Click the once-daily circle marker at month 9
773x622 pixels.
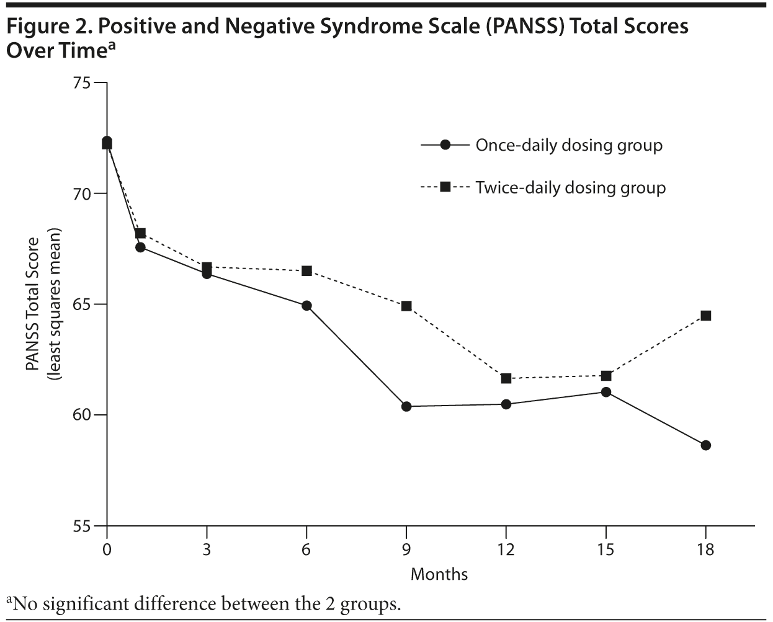406,407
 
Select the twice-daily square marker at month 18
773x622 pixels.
705,316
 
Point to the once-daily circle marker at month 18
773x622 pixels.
705,445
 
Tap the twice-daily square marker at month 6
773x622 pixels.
306,271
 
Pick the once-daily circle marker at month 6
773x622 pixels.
306,306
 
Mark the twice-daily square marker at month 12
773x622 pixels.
506,378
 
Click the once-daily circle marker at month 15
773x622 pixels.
606,392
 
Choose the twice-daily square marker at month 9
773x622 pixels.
406,306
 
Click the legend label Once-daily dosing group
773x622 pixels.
569,145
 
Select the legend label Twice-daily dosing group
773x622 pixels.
571,187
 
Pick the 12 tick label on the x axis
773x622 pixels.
506,549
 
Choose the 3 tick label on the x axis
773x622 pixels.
207,549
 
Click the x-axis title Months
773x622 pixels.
439,574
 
